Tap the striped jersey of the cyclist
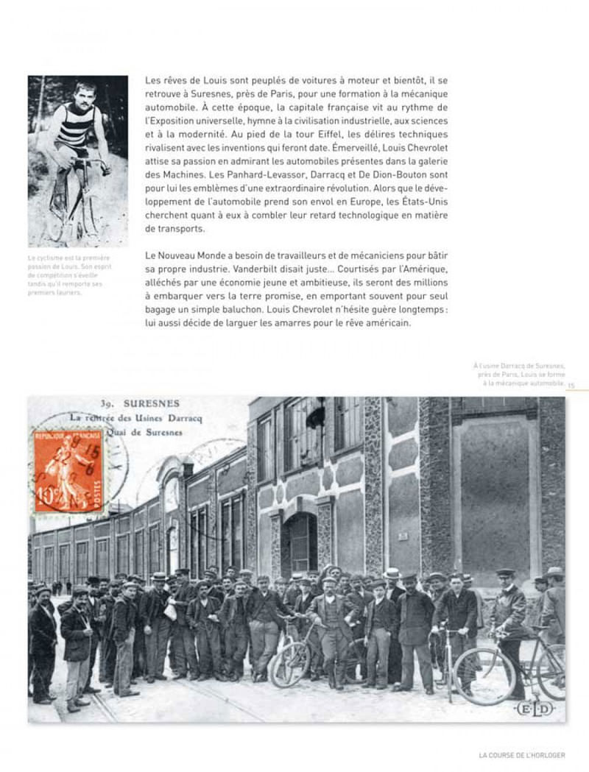click(x=73, y=127)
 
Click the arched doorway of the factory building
click(x=300, y=545)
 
